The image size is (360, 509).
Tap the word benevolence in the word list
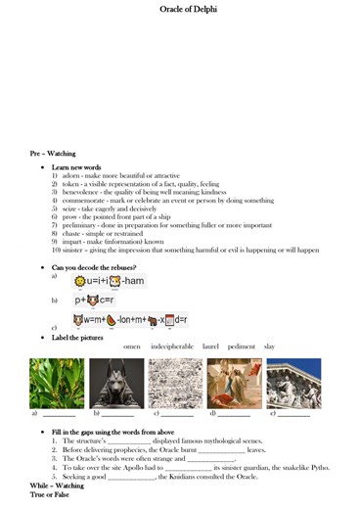pos(80,192)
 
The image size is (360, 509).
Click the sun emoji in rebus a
pos(81,282)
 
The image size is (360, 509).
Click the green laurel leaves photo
pos(57,383)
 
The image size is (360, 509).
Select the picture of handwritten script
pos(175,383)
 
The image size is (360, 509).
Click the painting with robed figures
pos(234,383)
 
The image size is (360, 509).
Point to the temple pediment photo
pos(293,383)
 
